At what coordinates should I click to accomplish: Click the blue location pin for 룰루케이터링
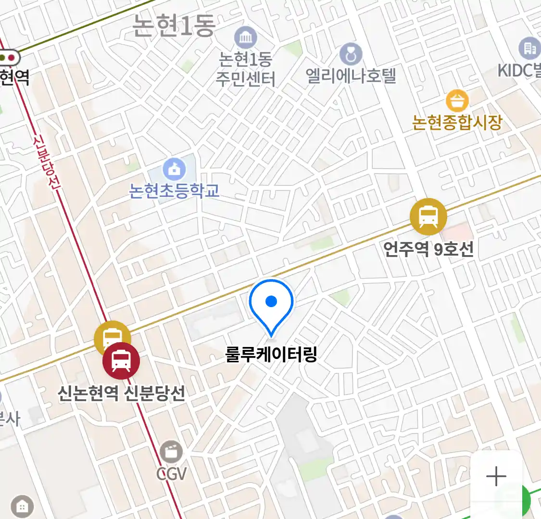(271, 303)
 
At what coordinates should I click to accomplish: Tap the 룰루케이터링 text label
(271, 355)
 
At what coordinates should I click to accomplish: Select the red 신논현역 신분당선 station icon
(121, 361)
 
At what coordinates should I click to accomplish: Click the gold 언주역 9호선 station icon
(428, 217)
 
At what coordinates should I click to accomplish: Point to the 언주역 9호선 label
(428, 249)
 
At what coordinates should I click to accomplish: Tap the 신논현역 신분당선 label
(121, 394)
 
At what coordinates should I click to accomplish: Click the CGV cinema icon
(171, 452)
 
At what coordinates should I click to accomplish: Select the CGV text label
(171, 474)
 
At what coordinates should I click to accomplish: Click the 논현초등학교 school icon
(174, 169)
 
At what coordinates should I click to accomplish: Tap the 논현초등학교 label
(174, 191)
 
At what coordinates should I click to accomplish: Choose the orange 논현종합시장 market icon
(457, 101)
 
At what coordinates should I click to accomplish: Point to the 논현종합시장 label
(457, 122)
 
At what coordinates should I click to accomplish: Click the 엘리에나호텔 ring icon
(351, 54)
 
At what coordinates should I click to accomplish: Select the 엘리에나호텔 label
(351, 76)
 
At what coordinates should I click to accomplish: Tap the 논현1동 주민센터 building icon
(246, 37)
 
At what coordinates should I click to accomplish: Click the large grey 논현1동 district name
(173, 25)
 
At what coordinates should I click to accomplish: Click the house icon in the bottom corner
(22, 506)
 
